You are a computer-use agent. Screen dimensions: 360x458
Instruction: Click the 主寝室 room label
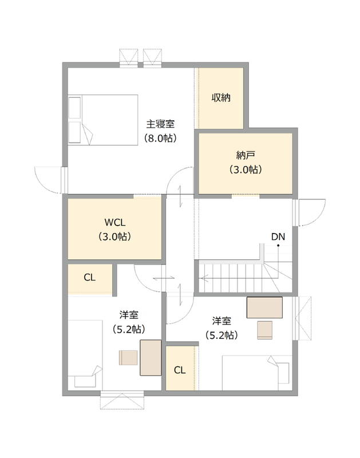160,124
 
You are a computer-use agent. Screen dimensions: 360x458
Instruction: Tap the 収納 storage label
221,97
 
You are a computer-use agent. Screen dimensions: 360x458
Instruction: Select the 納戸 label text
246,155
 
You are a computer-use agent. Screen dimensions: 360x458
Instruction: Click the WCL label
114,222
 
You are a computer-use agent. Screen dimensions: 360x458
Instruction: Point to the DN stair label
278,236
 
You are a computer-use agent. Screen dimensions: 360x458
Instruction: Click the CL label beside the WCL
90,277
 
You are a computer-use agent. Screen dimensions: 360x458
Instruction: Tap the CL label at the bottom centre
180,370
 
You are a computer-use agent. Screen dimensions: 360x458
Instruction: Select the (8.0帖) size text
160,138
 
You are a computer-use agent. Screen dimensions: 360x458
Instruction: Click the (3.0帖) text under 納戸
246,169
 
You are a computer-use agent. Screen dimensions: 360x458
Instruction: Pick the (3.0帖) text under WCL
114,236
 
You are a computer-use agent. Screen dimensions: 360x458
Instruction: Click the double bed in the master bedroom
103,120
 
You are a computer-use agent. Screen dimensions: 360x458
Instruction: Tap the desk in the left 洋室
151,357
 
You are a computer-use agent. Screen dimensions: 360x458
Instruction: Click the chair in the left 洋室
128,357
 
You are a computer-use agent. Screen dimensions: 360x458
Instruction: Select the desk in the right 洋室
264,307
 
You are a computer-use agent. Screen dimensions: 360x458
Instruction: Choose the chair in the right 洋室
265,330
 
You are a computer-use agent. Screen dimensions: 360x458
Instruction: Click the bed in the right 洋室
257,373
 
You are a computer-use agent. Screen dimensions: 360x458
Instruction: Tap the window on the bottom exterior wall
122,400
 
